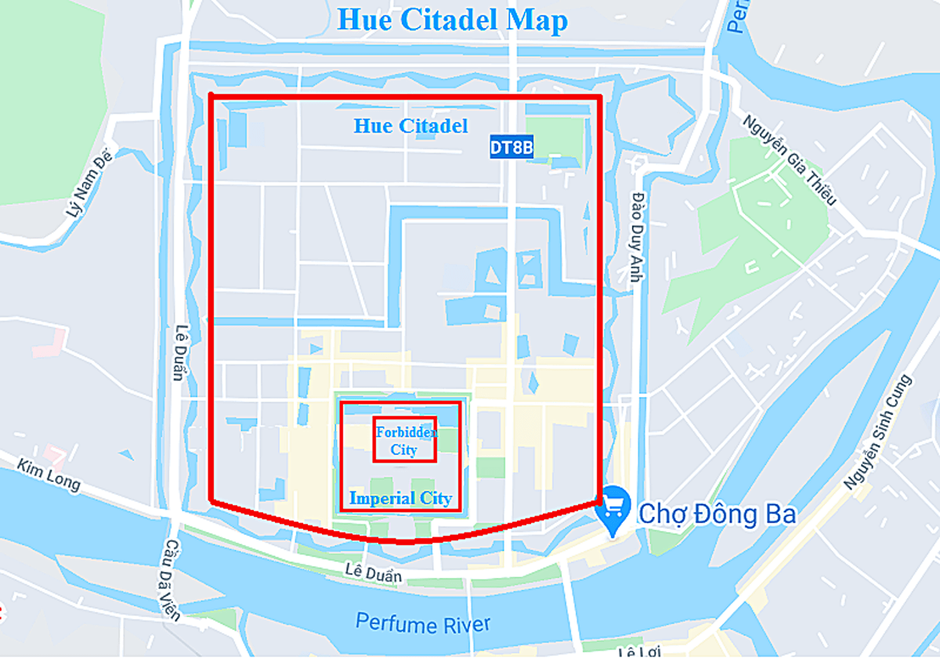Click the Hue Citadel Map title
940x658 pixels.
452,20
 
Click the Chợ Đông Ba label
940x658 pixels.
717,515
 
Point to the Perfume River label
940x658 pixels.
423,624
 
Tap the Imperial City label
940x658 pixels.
400,498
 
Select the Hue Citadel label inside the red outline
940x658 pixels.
410,125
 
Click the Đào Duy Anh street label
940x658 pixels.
638,237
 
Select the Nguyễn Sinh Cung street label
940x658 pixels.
879,433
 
